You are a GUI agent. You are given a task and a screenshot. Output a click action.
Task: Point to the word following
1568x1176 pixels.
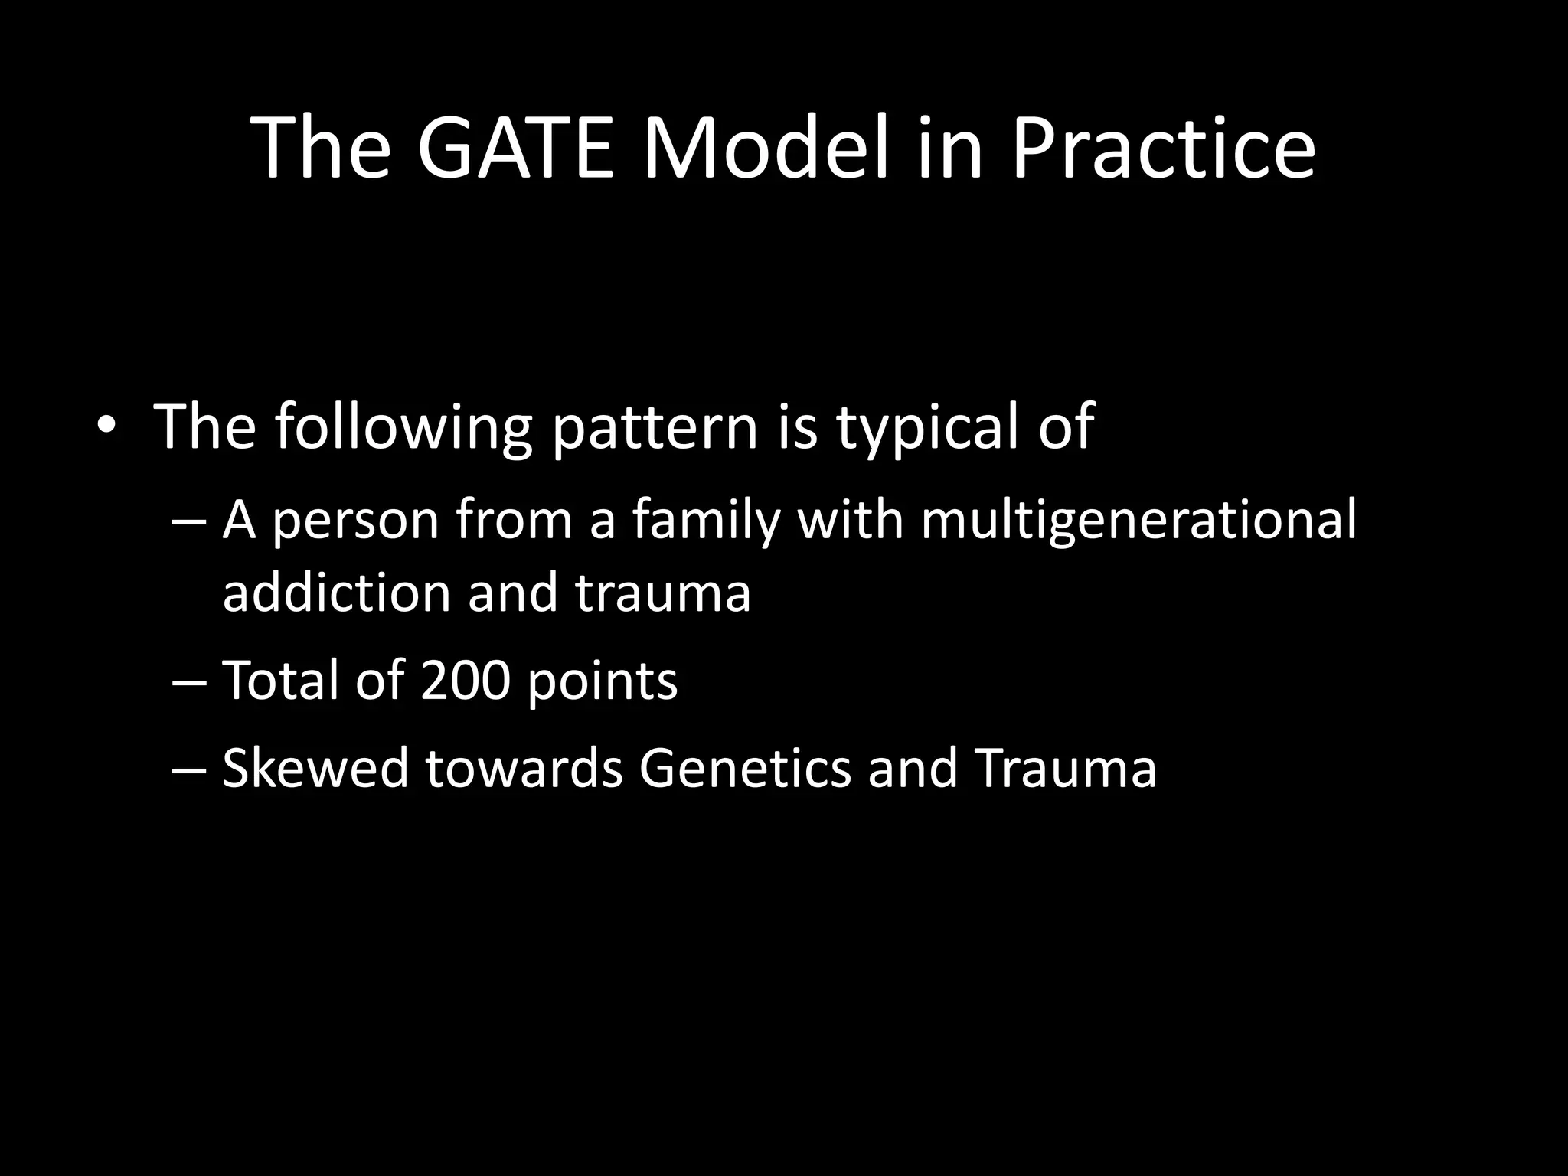pyautogui.click(x=403, y=427)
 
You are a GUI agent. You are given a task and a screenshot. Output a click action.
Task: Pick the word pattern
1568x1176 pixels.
pyautogui.click(x=655, y=427)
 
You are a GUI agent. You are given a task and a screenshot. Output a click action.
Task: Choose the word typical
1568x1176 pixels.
pyautogui.click(x=928, y=427)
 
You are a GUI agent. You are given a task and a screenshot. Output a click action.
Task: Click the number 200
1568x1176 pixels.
pyautogui.click(x=465, y=680)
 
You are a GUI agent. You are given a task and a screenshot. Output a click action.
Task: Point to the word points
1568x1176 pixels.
pyautogui.click(x=603, y=681)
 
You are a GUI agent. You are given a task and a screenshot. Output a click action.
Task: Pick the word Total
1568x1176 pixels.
pyautogui.click(x=280, y=680)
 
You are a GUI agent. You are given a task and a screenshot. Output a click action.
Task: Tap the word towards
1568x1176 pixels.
pyautogui.click(x=524, y=768)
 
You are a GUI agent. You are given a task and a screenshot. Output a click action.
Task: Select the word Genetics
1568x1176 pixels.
pyautogui.click(x=745, y=768)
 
